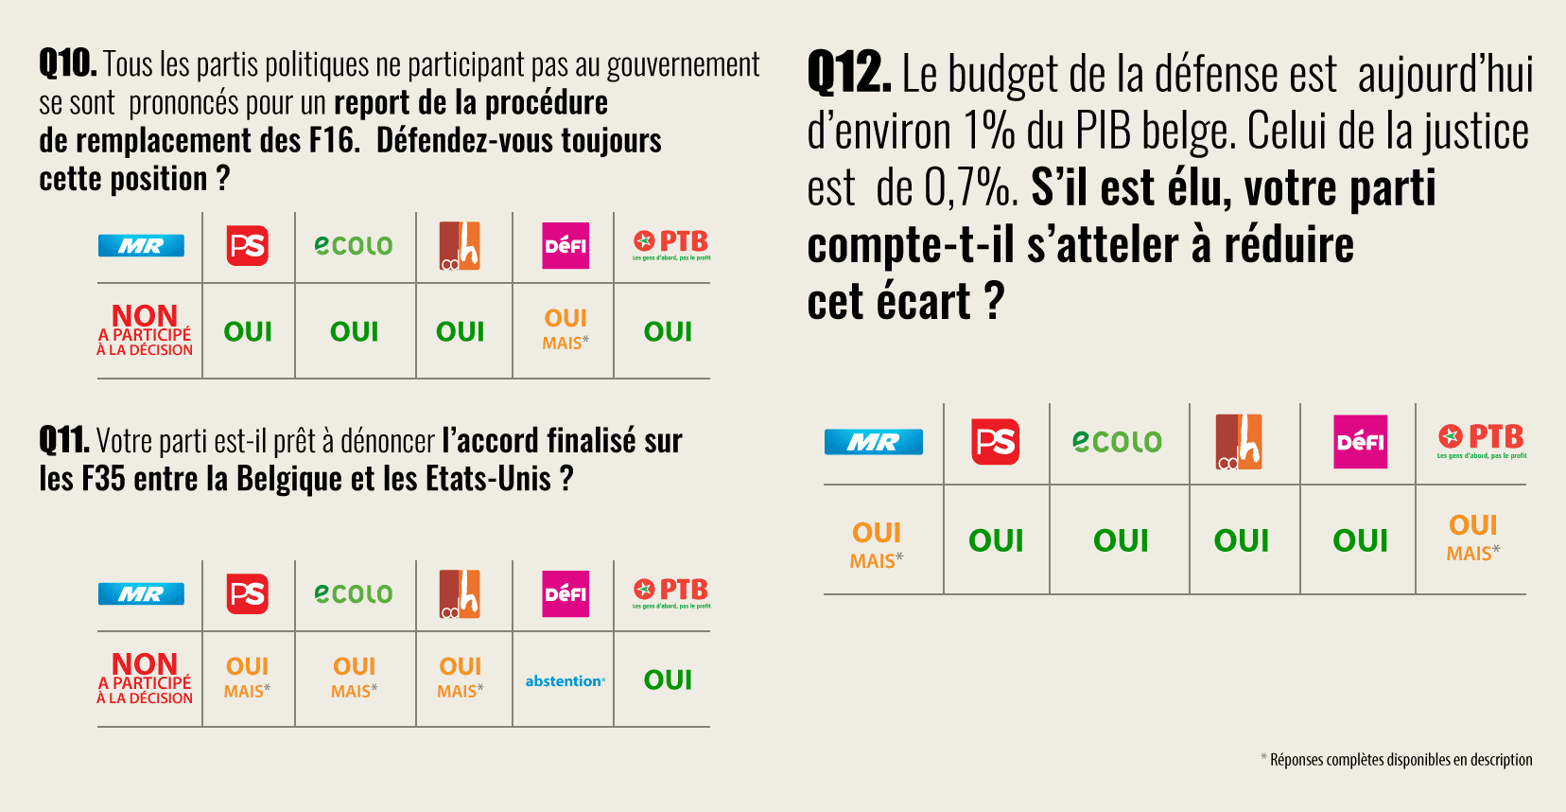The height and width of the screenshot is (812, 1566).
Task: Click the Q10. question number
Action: pyautogui.click(x=68, y=64)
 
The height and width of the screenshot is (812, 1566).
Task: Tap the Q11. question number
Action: pyautogui.click(x=64, y=441)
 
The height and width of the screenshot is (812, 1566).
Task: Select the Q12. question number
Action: pyautogui.click(x=849, y=74)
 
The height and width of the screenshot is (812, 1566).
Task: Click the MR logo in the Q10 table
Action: pyautogui.click(x=141, y=246)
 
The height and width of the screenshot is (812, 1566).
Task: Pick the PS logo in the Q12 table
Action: pyautogui.click(x=995, y=442)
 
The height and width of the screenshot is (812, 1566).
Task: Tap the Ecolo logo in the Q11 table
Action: pyautogui.click(x=354, y=594)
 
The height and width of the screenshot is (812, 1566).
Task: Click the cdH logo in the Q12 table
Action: pyautogui.click(x=1240, y=442)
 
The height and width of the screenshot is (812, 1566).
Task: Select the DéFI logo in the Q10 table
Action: pyautogui.click(x=565, y=246)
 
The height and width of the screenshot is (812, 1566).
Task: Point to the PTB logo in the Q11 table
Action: pyautogui.click(x=670, y=593)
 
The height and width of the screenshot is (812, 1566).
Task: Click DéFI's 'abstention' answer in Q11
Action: pyautogui.click(x=565, y=681)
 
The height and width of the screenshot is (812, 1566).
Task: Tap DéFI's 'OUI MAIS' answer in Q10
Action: pyautogui.click(x=565, y=329)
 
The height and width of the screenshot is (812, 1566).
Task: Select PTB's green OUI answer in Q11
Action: pyautogui.click(x=668, y=680)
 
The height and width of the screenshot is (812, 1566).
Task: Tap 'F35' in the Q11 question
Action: pyautogui.click(x=103, y=479)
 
